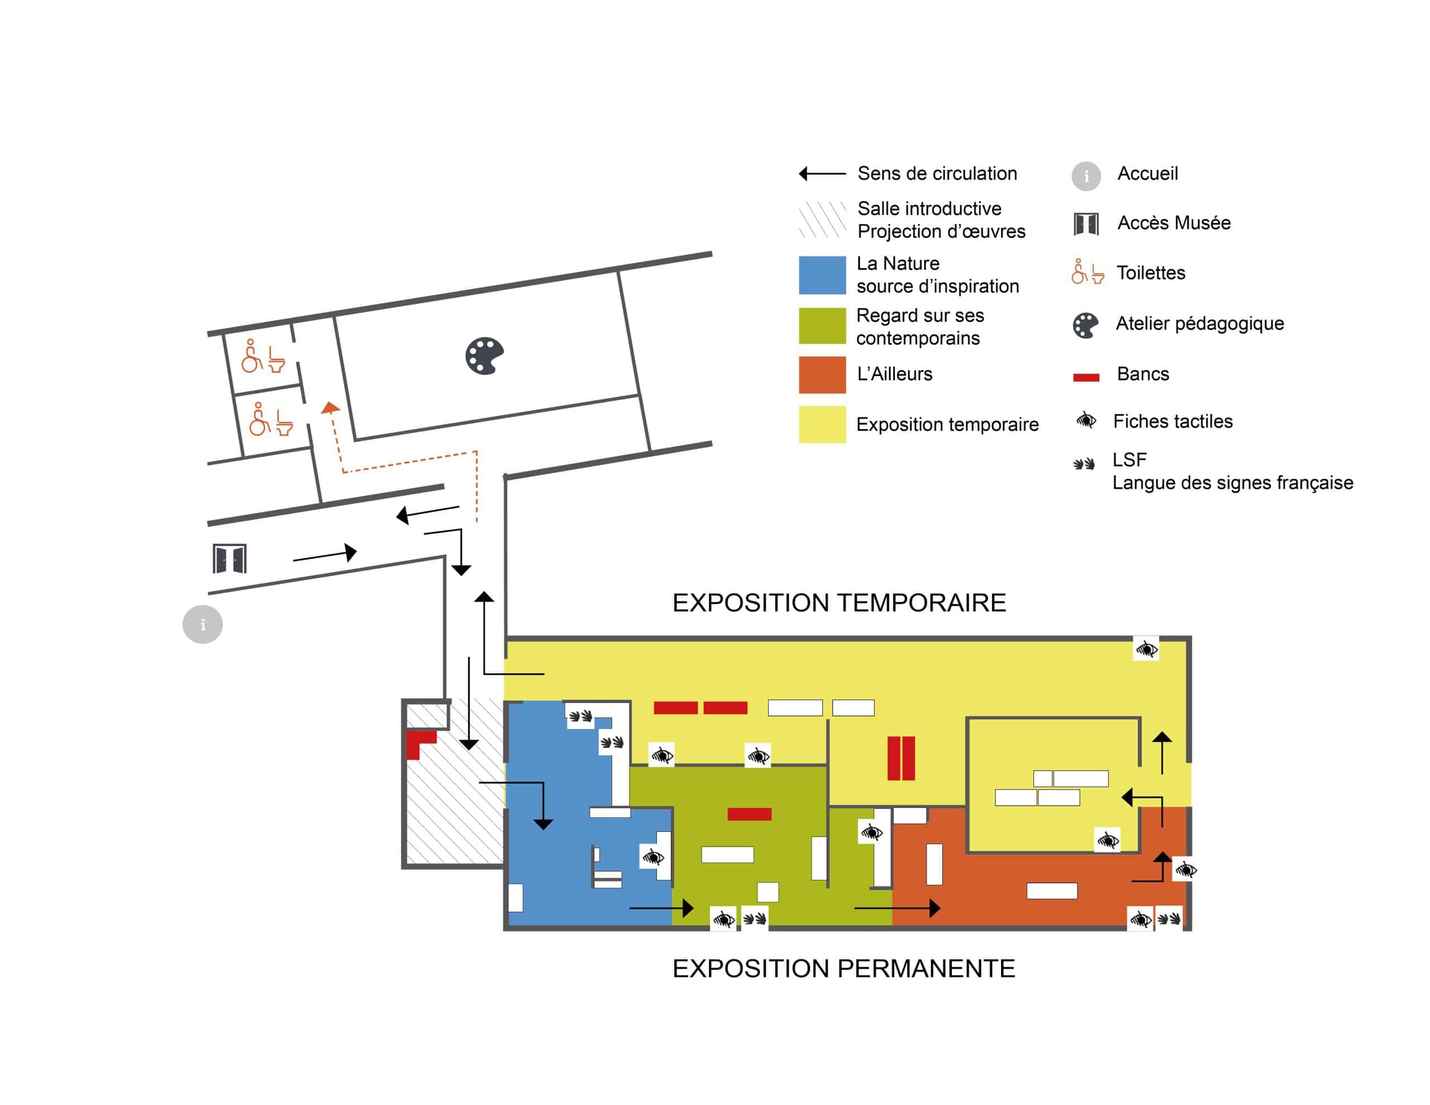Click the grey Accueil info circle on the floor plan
point(202,624)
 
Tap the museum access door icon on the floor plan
point(230,559)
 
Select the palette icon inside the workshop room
point(484,356)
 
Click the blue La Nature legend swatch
point(822,275)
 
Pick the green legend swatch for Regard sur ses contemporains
point(822,326)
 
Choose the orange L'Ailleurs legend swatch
point(822,374)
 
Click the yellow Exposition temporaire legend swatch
point(822,424)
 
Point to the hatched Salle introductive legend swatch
point(822,220)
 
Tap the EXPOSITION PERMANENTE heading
point(843,968)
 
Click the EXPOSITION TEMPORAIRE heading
point(839,603)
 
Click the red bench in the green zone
point(749,814)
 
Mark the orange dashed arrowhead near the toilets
point(331,408)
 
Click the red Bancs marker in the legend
point(1085,377)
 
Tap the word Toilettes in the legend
point(1150,273)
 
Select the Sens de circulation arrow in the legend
point(822,174)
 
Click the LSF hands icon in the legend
point(1084,464)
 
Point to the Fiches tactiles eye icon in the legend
point(1085,420)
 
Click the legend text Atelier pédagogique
point(1199,323)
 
